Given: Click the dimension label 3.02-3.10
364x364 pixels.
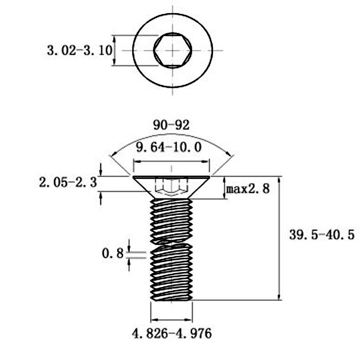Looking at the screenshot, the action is click(x=79, y=50).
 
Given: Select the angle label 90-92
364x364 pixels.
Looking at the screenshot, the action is click(x=171, y=126).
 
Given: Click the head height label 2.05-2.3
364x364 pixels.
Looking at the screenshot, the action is click(x=68, y=183).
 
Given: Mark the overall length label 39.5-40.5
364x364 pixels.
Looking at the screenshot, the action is click(x=321, y=235).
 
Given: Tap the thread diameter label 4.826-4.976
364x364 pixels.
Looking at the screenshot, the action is click(x=172, y=334).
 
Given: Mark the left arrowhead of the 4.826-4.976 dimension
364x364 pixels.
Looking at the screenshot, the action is click(x=153, y=319).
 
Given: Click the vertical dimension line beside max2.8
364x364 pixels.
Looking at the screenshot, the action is click(x=225, y=187).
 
